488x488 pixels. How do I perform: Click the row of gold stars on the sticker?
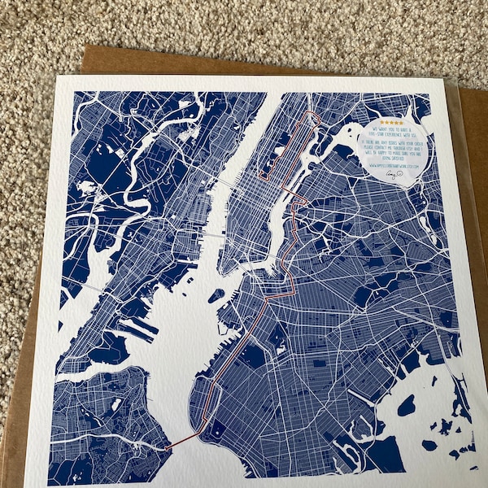[x=391, y=122]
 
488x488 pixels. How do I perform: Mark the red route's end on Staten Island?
[x=166, y=447]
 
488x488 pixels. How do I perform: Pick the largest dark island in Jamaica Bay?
[x=405, y=404]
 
